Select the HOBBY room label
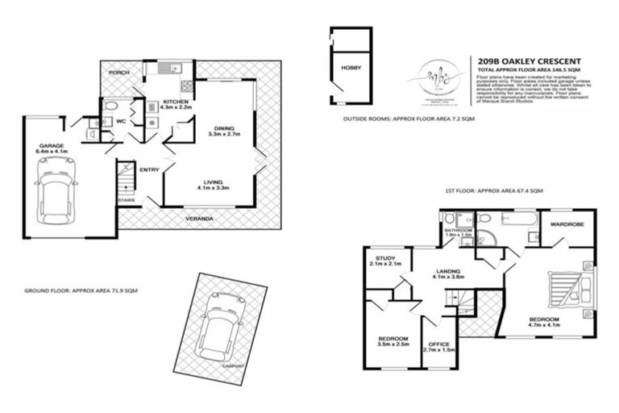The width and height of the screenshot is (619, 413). [x=351, y=69]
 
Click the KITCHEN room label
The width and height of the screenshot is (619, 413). [x=175, y=102]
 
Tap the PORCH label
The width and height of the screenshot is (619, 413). [x=118, y=71]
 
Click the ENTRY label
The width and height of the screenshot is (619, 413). [x=150, y=170]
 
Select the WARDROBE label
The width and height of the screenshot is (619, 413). [x=566, y=223]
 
